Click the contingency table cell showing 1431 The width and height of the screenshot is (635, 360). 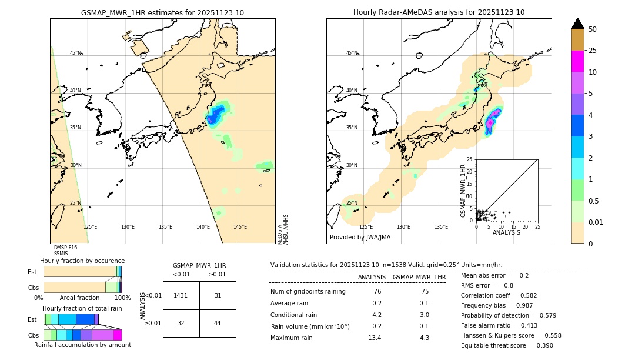pos(181,295)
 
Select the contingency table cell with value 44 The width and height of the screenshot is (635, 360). pos(218,323)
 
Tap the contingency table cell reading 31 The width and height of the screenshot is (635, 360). pos(218,295)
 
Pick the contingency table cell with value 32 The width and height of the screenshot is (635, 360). pos(181,323)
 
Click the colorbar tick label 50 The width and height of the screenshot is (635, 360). pos(593,29)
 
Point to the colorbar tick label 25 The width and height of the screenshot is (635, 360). pos(593,51)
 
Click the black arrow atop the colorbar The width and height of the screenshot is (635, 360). pos(578,24)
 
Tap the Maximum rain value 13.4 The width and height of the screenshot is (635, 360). pos(375,338)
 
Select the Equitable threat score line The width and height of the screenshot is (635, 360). pos(507,345)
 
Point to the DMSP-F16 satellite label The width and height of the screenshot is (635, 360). pos(65,248)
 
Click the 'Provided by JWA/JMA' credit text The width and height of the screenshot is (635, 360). pos(360,238)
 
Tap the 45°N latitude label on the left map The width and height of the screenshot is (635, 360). pos(76,53)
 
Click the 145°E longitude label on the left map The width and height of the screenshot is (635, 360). pos(240,227)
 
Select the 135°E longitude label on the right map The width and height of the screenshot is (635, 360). pos(441,227)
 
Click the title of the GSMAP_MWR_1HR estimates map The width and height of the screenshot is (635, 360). pos(162,12)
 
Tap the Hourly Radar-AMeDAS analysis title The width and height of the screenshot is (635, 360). pos(439,12)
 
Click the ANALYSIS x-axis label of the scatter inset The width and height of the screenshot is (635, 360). pos(506,232)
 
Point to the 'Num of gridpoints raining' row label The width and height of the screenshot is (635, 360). pos(308,292)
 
